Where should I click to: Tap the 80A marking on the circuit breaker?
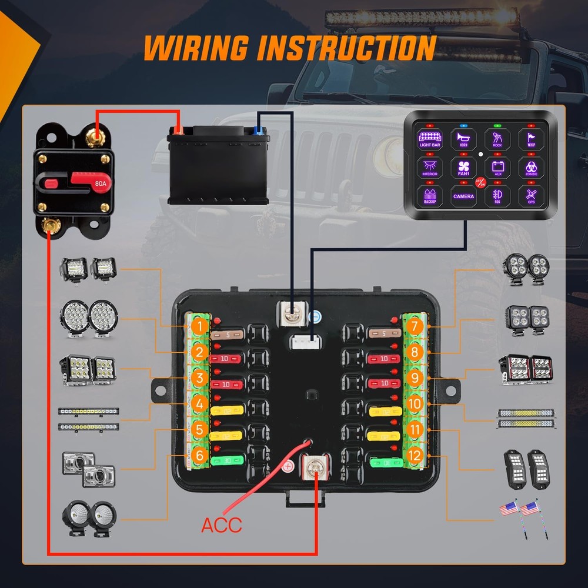pos(101,184)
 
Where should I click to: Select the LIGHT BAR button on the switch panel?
pos(430,139)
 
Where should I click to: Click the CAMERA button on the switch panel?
pos(463,196)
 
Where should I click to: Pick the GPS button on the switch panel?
pos(531,196)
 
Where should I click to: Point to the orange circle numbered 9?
pos(415,377)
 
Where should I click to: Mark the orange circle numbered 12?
pos(415,455)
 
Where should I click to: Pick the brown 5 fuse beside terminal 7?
pos(384,334)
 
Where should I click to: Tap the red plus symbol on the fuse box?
pos(288,467)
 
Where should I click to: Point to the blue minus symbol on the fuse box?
pos(316,316)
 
